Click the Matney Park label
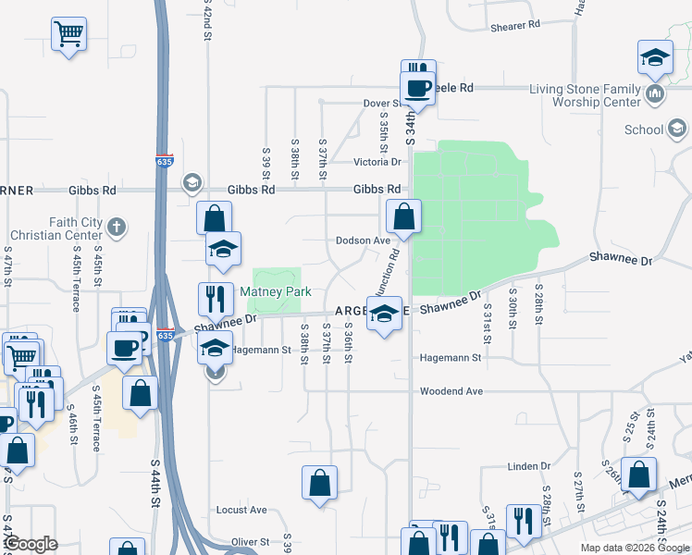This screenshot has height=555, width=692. pyautogui.click(x=275, y=291)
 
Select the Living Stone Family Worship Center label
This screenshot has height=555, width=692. pyautogui.click(x=584, y=95)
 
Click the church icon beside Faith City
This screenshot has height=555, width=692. pyautogui.click(x=116, y=225)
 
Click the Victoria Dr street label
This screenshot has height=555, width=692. pyautogui.click(x=376, y=162)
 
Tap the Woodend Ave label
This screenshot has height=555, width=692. pyautogui.click(x=451, y=391)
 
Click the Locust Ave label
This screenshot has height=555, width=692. pyautogui.click(x=241, y=510)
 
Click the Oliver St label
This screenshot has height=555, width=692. pyautogui.click(x=250, y=542)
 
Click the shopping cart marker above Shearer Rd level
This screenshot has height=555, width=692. pyautogui.click(x=69, y=34)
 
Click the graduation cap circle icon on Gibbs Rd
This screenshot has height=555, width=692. pyautogui.click(x=192, y=180)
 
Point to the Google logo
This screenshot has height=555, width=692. pyautogui.click(x=30, y=545)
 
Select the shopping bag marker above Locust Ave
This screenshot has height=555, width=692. pyautogui.click(x=319, y=482)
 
